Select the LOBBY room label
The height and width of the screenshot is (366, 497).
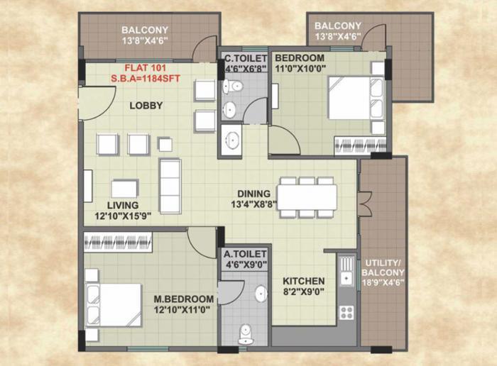pos(146,106)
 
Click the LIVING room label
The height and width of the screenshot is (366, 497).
pos(123,205)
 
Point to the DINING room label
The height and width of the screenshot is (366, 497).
pos(253,194)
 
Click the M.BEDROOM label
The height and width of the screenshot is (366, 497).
pos(184,299)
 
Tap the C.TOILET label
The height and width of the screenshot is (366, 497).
pos(245,57)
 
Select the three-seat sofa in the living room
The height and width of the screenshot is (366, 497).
pos(170,185)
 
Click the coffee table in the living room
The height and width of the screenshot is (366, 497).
pos(124,188)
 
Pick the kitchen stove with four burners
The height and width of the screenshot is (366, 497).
pos(346,311)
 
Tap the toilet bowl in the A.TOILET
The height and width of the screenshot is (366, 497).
pos(246,332)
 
